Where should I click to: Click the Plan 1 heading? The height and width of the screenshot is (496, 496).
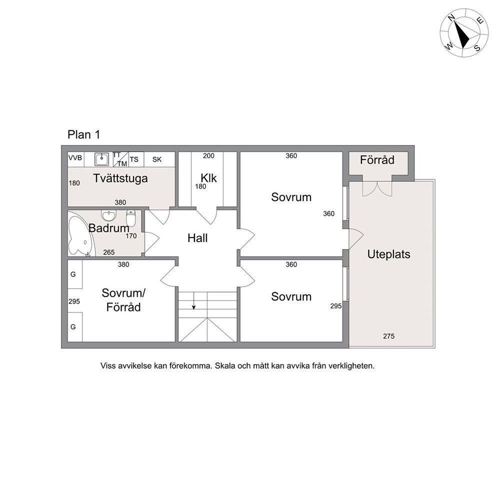pos(84,135)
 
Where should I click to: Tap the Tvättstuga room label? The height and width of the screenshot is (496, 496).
pos(120,178)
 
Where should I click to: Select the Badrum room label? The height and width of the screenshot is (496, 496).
pos(109,228)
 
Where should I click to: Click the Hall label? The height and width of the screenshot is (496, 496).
pos(197,238)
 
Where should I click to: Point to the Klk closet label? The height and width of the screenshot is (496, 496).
pos(209,178)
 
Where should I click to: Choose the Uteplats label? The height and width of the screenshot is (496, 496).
pos(389,254)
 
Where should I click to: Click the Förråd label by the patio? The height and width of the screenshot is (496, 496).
pos(377,159)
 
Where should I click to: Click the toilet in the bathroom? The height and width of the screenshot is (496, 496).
pos(130,217)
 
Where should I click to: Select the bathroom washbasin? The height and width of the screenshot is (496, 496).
pos(109,215)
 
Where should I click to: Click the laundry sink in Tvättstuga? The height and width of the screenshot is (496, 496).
pos(101,159)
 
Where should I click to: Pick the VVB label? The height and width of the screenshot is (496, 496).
pos(75,158)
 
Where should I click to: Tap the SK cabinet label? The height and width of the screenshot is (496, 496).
pos(157,159)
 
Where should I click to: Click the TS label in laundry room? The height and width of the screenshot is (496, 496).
pos(134,159)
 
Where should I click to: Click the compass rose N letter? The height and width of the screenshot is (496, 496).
pos(451,18)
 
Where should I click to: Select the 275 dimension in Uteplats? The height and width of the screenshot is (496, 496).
pos(389,336)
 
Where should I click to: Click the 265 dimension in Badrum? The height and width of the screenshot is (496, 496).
pos(109,252)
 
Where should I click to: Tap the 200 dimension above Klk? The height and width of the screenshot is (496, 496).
pos(208,155)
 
